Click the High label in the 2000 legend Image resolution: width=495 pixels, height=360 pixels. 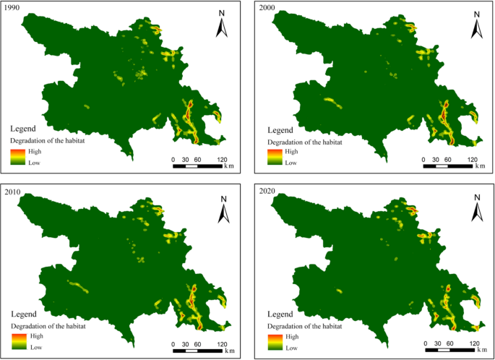(x=292, y=152)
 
